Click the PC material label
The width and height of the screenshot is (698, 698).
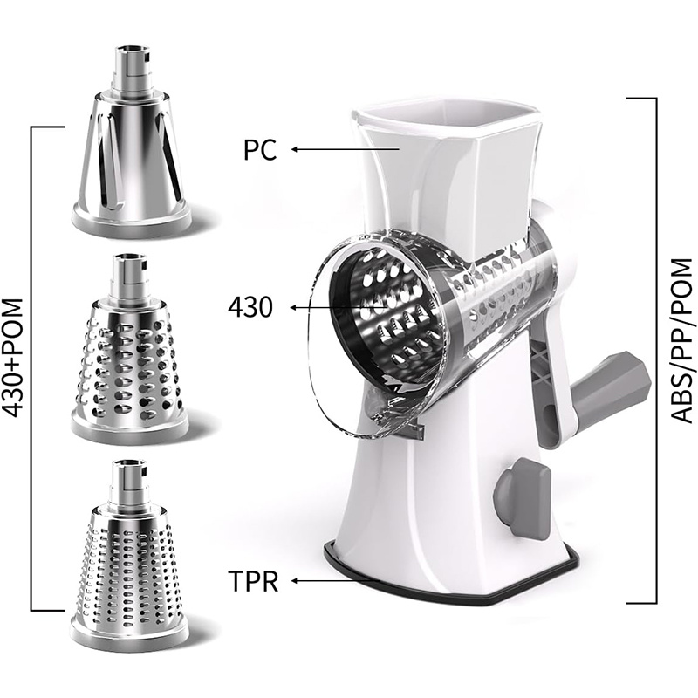point(260,150)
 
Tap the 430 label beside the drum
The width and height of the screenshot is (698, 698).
point(250,307)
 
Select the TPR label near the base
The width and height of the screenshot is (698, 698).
point(253,580)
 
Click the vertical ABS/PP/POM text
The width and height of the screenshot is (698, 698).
point(681,341)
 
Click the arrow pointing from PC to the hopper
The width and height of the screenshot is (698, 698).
point(346,149)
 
